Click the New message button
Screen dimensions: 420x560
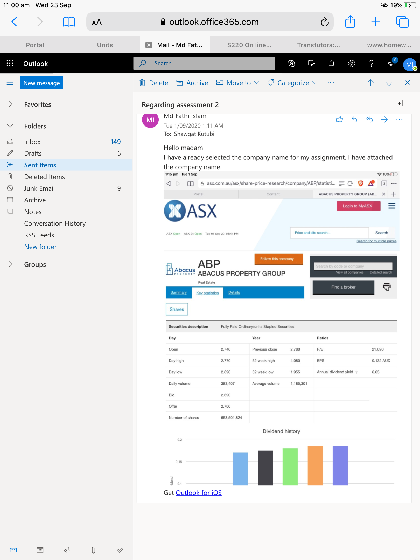tap(41, 83)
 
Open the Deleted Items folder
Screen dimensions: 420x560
tap(44, 177)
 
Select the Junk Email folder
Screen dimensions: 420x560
tap(39, 188)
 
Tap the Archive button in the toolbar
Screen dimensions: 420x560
tap(192, 83)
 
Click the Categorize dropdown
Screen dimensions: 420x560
tap(293, 83)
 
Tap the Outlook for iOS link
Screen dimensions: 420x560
tap(199, 493)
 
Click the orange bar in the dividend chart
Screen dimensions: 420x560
tap(315, 466)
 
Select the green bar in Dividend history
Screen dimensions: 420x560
tap(290, 467)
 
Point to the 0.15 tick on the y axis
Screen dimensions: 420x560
tap(179, 462)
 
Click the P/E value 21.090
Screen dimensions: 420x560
tap(378, 349)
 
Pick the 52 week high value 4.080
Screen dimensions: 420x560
tap(295, 361)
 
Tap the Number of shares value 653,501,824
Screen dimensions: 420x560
tap(231, 418)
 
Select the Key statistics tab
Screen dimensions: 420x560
tap(207, 293)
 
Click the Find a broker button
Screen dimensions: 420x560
tap(343, 287)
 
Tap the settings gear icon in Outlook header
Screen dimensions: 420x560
tap(352, 63)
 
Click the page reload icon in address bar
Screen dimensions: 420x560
tap(325, 22)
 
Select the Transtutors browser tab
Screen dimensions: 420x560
tap(318, 45)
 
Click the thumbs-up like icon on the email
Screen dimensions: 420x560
tap(339, 119)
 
